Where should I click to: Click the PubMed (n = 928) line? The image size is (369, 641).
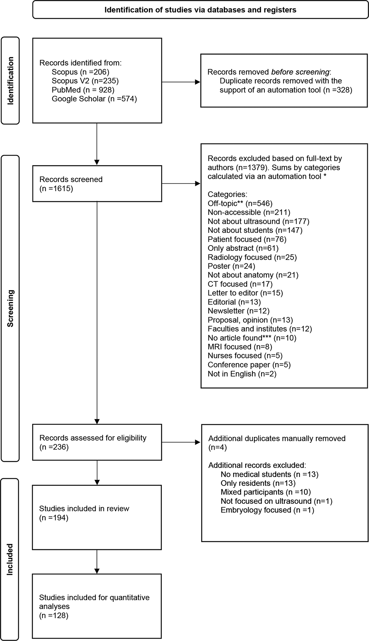pos(83,90)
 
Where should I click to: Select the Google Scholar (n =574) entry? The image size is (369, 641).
pos(94,99)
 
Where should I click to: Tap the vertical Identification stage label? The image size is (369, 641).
pos(11,81)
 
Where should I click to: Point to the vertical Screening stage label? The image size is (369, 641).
pos(11,308)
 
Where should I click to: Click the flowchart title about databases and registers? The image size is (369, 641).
pos(200,10)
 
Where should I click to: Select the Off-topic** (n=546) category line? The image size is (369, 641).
pos(240,203)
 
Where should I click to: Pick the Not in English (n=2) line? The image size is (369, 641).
pos(242,374)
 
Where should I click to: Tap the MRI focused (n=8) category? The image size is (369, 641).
pos(240,347)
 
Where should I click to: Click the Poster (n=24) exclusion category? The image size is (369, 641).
pos(231,266)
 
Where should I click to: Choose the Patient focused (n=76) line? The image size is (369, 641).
pos(247,239)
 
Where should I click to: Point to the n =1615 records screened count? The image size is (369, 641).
pos(56,188)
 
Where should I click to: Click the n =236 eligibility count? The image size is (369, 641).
pos(54,447)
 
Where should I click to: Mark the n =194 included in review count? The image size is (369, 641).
pos(54,518)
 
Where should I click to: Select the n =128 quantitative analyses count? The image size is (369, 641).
pos(54,615)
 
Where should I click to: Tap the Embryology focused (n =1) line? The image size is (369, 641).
pos(267,510)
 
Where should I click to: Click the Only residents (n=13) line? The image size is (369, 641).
pos(258,483)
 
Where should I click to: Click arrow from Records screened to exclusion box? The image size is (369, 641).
pos(181,184)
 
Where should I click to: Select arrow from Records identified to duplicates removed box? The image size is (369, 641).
pos(181,82)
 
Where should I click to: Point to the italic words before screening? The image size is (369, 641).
pos(300,72)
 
